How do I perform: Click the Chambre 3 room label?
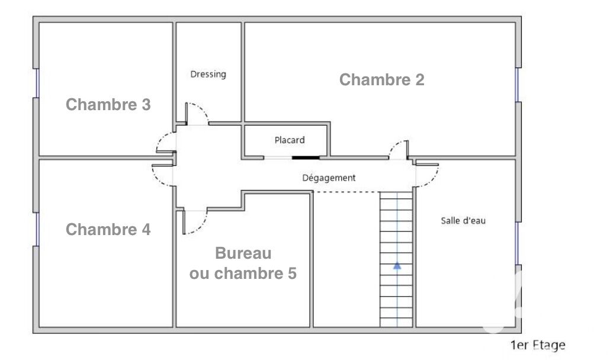tap(108, 105)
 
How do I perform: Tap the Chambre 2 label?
tap(381, 80)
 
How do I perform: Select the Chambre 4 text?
tap(108, 229)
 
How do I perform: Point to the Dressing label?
tap(208, 74)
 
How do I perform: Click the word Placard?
tap(290, 140)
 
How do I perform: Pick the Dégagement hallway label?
tap(329, 178)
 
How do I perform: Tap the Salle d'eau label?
tap(463, 220)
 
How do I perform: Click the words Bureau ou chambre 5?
tap(243, 263)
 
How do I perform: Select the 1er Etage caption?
tap(538, 345)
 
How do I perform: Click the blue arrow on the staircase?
tap(397, 266)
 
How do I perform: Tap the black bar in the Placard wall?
tap(306, 157)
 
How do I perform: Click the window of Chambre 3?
tap(37, 83)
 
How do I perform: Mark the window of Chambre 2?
tap(518, 85)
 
